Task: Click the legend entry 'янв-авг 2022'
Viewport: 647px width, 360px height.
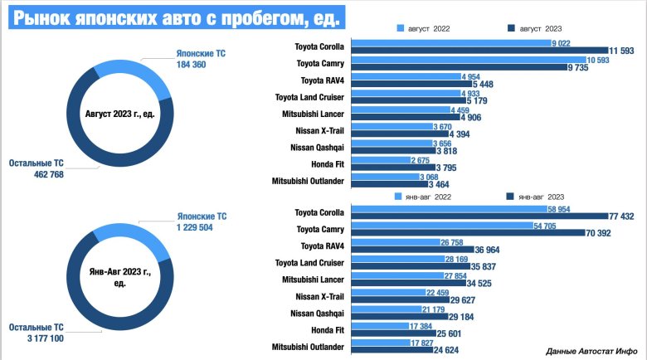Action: tap(428, 197)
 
